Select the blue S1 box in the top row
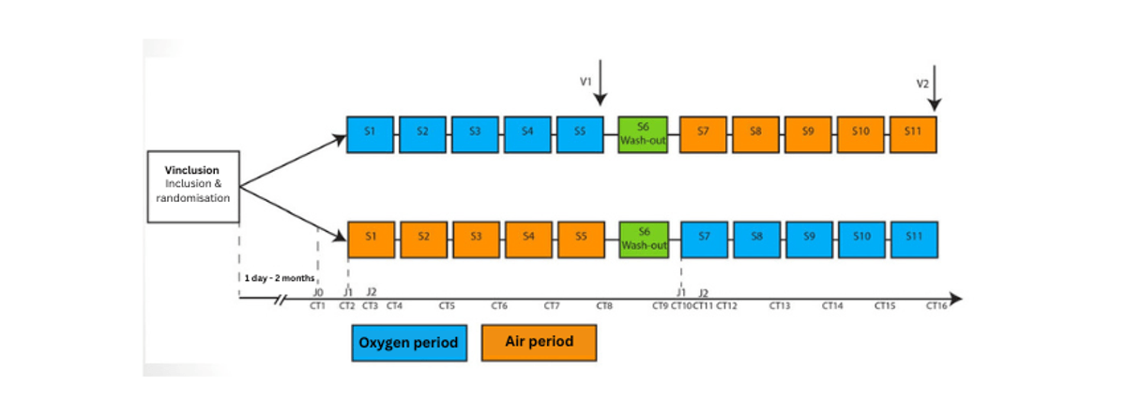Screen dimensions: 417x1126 [x=370, y=134]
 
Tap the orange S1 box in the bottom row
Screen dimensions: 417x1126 [x=372, y=239]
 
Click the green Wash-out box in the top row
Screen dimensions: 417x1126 [x=643, y=134]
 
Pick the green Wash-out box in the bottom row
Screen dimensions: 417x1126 [x=644, y=239]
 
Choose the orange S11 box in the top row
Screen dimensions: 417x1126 [x=913, y=134]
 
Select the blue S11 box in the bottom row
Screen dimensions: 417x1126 [x=914, y=239]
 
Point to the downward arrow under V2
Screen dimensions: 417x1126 [x=935, y=94]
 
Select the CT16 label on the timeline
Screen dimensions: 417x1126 [x=936, y=306]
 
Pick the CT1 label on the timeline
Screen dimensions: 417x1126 [x=317, y=306]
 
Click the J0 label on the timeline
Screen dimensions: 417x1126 [x=318, y=293]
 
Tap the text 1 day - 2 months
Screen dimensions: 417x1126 [x=277, y=279]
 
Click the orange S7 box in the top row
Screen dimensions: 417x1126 [x=703, y=134]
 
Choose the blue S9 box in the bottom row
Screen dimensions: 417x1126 [x=809, y=239]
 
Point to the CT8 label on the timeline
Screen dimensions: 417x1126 [x=604, y=306]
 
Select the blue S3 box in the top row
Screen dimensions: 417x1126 [x=475, y=134]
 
